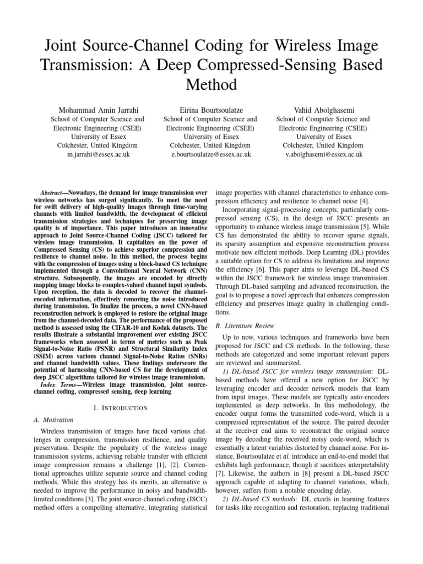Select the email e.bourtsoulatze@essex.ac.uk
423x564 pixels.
click(x=211, y=155)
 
